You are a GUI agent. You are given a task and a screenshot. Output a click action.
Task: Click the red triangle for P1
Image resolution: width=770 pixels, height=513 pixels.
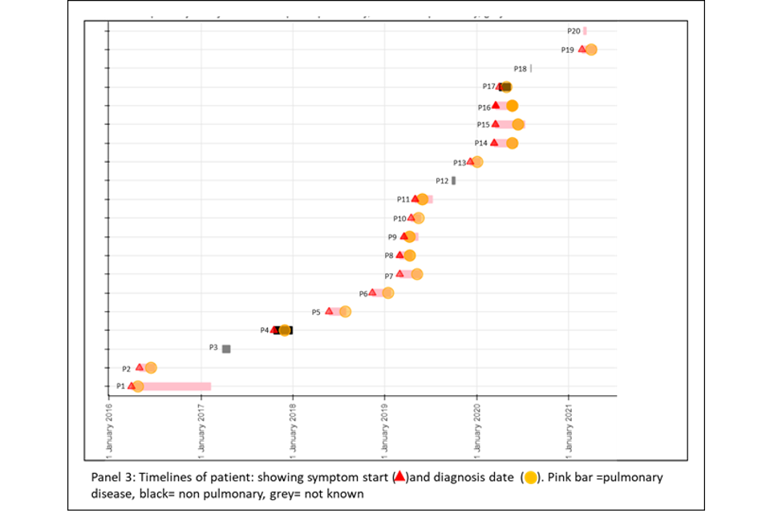[132, 386]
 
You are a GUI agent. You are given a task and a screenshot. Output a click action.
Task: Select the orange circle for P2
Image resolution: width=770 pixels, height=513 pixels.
[151, 368]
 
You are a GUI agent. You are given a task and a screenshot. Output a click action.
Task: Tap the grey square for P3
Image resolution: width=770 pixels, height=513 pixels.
[226, 349]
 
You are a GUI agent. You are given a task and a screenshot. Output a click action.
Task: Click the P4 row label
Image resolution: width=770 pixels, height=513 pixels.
[265, 330]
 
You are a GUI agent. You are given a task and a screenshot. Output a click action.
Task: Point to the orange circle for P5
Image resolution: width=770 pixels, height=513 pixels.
[345, 311]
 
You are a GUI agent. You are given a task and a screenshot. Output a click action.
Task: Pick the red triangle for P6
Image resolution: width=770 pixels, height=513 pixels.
[372, 293]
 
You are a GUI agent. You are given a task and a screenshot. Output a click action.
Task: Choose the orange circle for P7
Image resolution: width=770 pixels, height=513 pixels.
[416, 274]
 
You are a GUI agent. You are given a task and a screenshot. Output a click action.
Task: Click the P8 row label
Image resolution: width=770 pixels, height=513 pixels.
[389, 256]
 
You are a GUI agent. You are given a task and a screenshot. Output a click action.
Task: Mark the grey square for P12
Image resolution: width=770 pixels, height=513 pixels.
[454, 180]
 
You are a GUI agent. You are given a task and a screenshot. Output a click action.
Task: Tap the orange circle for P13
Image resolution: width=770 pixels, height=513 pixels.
[477, 162]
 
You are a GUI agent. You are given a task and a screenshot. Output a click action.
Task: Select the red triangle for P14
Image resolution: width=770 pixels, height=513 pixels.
[494, 143]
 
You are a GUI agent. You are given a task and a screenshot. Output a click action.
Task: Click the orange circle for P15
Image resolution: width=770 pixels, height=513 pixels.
[518, 124]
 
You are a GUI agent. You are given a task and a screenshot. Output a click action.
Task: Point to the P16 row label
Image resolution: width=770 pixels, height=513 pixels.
[484, 107]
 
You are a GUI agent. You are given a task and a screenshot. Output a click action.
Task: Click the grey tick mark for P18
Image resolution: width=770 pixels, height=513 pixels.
[531, 68]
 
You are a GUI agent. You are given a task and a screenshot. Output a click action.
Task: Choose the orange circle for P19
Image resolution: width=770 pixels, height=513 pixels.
[591, 50]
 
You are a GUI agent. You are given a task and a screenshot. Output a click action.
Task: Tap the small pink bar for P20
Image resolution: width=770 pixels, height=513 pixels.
[585, 31]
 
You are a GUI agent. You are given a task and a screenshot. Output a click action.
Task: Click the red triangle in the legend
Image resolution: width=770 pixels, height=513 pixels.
[399, 476]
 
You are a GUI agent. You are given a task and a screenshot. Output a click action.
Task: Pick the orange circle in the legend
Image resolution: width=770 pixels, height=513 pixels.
[530, 478]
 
